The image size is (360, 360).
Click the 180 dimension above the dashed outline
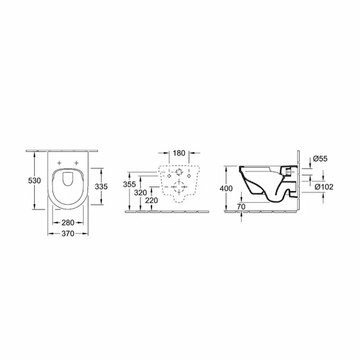178,152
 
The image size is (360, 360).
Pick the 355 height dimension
130,184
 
